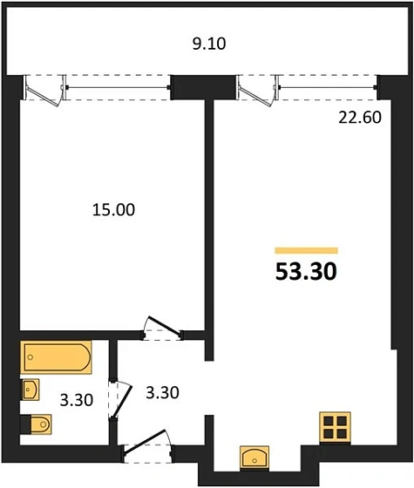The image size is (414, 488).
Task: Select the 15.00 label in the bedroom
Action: point(112,209)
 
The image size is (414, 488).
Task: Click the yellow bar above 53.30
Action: point(306,250)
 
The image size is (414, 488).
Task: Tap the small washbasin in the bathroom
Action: point(31,389)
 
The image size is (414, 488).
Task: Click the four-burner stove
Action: point(336,427)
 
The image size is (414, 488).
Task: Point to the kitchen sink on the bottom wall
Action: point(255,457)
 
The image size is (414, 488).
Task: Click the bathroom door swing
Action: point(119,398)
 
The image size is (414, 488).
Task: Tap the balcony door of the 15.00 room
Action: point(44,89)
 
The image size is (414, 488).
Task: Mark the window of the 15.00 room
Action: point(118,85)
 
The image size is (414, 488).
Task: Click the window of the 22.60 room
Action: point(327,85)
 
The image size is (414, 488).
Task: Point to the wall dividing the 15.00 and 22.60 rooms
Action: point(208,218)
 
